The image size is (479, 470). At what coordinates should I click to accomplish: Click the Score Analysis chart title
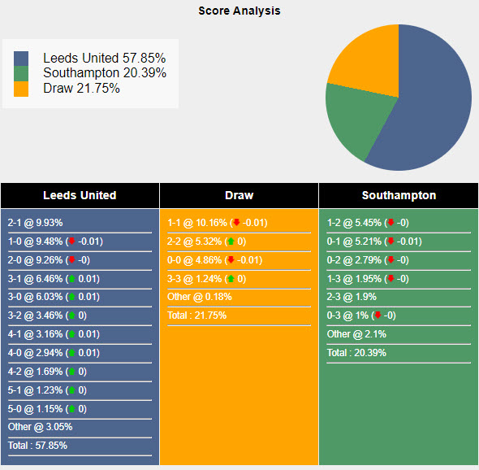(x=239, y=11)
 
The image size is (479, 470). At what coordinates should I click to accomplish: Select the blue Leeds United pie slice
(x=430, y=106)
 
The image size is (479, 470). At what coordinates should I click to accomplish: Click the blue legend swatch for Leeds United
(x=21, y=59)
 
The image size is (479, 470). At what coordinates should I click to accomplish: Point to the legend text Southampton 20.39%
(x=105, y=73)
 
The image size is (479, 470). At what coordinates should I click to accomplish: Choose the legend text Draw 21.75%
(x=81, y=88)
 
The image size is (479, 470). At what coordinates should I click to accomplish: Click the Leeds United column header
(x=80, y=195)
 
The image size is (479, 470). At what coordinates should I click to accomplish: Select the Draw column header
(x=239, y=195)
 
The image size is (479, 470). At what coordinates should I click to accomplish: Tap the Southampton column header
(x=399, y=195)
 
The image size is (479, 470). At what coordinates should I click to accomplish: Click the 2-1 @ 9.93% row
(x=35, y=223)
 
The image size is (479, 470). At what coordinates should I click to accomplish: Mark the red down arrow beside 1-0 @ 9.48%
(x=71, y=242)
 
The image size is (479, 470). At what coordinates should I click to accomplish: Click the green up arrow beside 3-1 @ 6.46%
(x=71, y=279)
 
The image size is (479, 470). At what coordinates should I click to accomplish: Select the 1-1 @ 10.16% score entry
(x=197, y=223)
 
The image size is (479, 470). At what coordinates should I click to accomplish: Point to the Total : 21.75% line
(x=197, y=316)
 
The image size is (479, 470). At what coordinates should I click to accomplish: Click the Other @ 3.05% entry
(x=40, y=427)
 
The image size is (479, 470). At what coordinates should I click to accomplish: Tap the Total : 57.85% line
(x=37, y=446)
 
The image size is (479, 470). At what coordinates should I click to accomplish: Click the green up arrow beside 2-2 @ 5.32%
(x=231, y=242)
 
